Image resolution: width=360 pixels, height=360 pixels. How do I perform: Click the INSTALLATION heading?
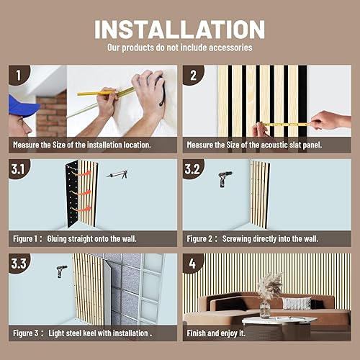tap(180, 30)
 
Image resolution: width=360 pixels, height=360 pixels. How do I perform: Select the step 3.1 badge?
tap(21, 170)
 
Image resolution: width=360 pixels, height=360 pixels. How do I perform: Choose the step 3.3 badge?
tap(21, 264)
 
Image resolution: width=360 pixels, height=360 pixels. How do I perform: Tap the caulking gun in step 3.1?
tap(117, 174)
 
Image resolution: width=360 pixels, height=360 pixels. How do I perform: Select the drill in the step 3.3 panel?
tap(58, 273)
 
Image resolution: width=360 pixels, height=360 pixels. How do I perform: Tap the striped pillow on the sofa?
tap(297, 303)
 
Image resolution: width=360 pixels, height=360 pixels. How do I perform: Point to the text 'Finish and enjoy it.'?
tap(216, 333)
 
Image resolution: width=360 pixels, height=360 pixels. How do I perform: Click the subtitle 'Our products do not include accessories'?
tap(180, 48)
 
